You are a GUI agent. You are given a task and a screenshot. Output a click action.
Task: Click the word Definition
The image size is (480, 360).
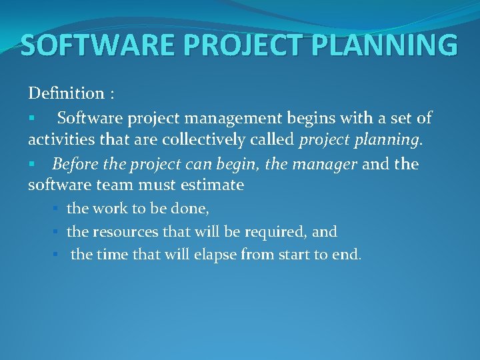[x=66, y=93]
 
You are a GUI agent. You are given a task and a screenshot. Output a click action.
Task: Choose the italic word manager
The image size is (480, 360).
[x=324, y=163]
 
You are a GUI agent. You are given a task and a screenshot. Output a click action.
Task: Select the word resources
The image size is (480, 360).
[x=124, y=232]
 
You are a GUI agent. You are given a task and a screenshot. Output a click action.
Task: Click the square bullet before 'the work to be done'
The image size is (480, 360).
[x=57, y=209]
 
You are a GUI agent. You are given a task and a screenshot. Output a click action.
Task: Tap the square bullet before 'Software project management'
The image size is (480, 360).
[x=31, y=119]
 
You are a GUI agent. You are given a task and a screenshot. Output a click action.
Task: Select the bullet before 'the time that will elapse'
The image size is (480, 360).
[x=57, y=255]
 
